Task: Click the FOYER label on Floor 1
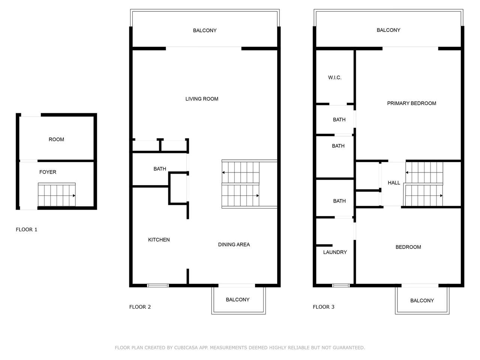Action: coord(48,172)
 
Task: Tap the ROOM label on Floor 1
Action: coord(56,139)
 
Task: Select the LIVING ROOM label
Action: coord(202,99)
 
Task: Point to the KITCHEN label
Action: coord(159,240)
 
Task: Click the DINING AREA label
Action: coord(234,244)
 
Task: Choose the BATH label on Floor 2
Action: coord(160,169)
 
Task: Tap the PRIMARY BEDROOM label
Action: coord(411,103)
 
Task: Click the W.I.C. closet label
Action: coord(334,77)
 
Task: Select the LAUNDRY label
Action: coord(335,252)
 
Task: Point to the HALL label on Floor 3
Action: coord(394,183)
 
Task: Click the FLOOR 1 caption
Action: coord(27,229)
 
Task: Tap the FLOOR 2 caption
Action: coord(140,307)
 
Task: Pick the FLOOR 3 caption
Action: coord(323,307)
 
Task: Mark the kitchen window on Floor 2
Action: coord(157,285)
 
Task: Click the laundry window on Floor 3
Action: coord(341,285)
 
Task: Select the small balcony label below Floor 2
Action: coord(237,300)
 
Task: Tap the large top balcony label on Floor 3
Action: coord(388,30)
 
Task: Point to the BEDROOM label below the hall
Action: coord(408,247)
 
